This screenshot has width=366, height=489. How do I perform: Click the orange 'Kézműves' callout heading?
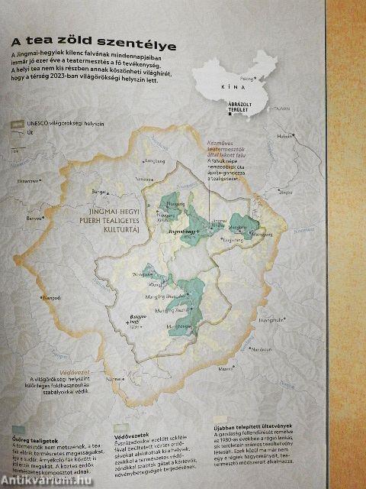pos(233,143)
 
